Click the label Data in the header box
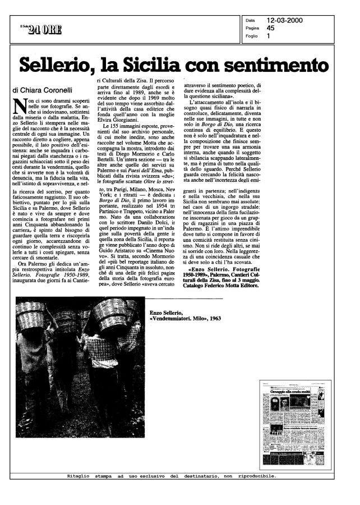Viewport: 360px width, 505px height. tap(250, 20)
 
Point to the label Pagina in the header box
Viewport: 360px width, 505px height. tap(252, 27)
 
